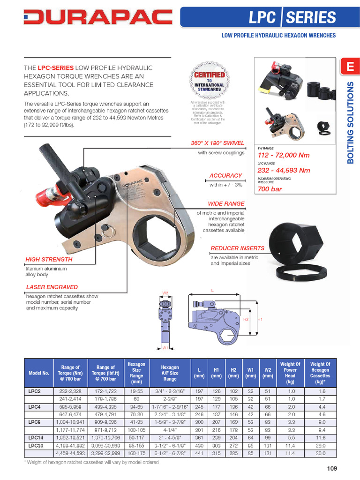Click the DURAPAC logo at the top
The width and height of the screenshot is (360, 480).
(x=97, y=18)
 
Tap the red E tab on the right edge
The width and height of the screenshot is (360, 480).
(x=350, y=67)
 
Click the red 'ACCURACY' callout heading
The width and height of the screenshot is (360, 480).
(x=226, y=175)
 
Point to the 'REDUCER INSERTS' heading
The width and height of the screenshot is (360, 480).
(x=237, y=248)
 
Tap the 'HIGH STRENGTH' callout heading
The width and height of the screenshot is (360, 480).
(x=49, y=259)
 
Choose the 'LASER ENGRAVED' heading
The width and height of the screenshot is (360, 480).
(x=52, y=287)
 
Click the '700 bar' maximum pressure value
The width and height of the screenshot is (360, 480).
(x=270, y=189)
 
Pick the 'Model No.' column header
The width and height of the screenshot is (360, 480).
(x=39, y=373)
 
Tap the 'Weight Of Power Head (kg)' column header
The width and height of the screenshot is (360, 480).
(x=291, y=373)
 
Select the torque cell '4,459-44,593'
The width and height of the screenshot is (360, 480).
(x=71, y=453)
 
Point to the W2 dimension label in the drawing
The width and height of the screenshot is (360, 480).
(x=165, y=293)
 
